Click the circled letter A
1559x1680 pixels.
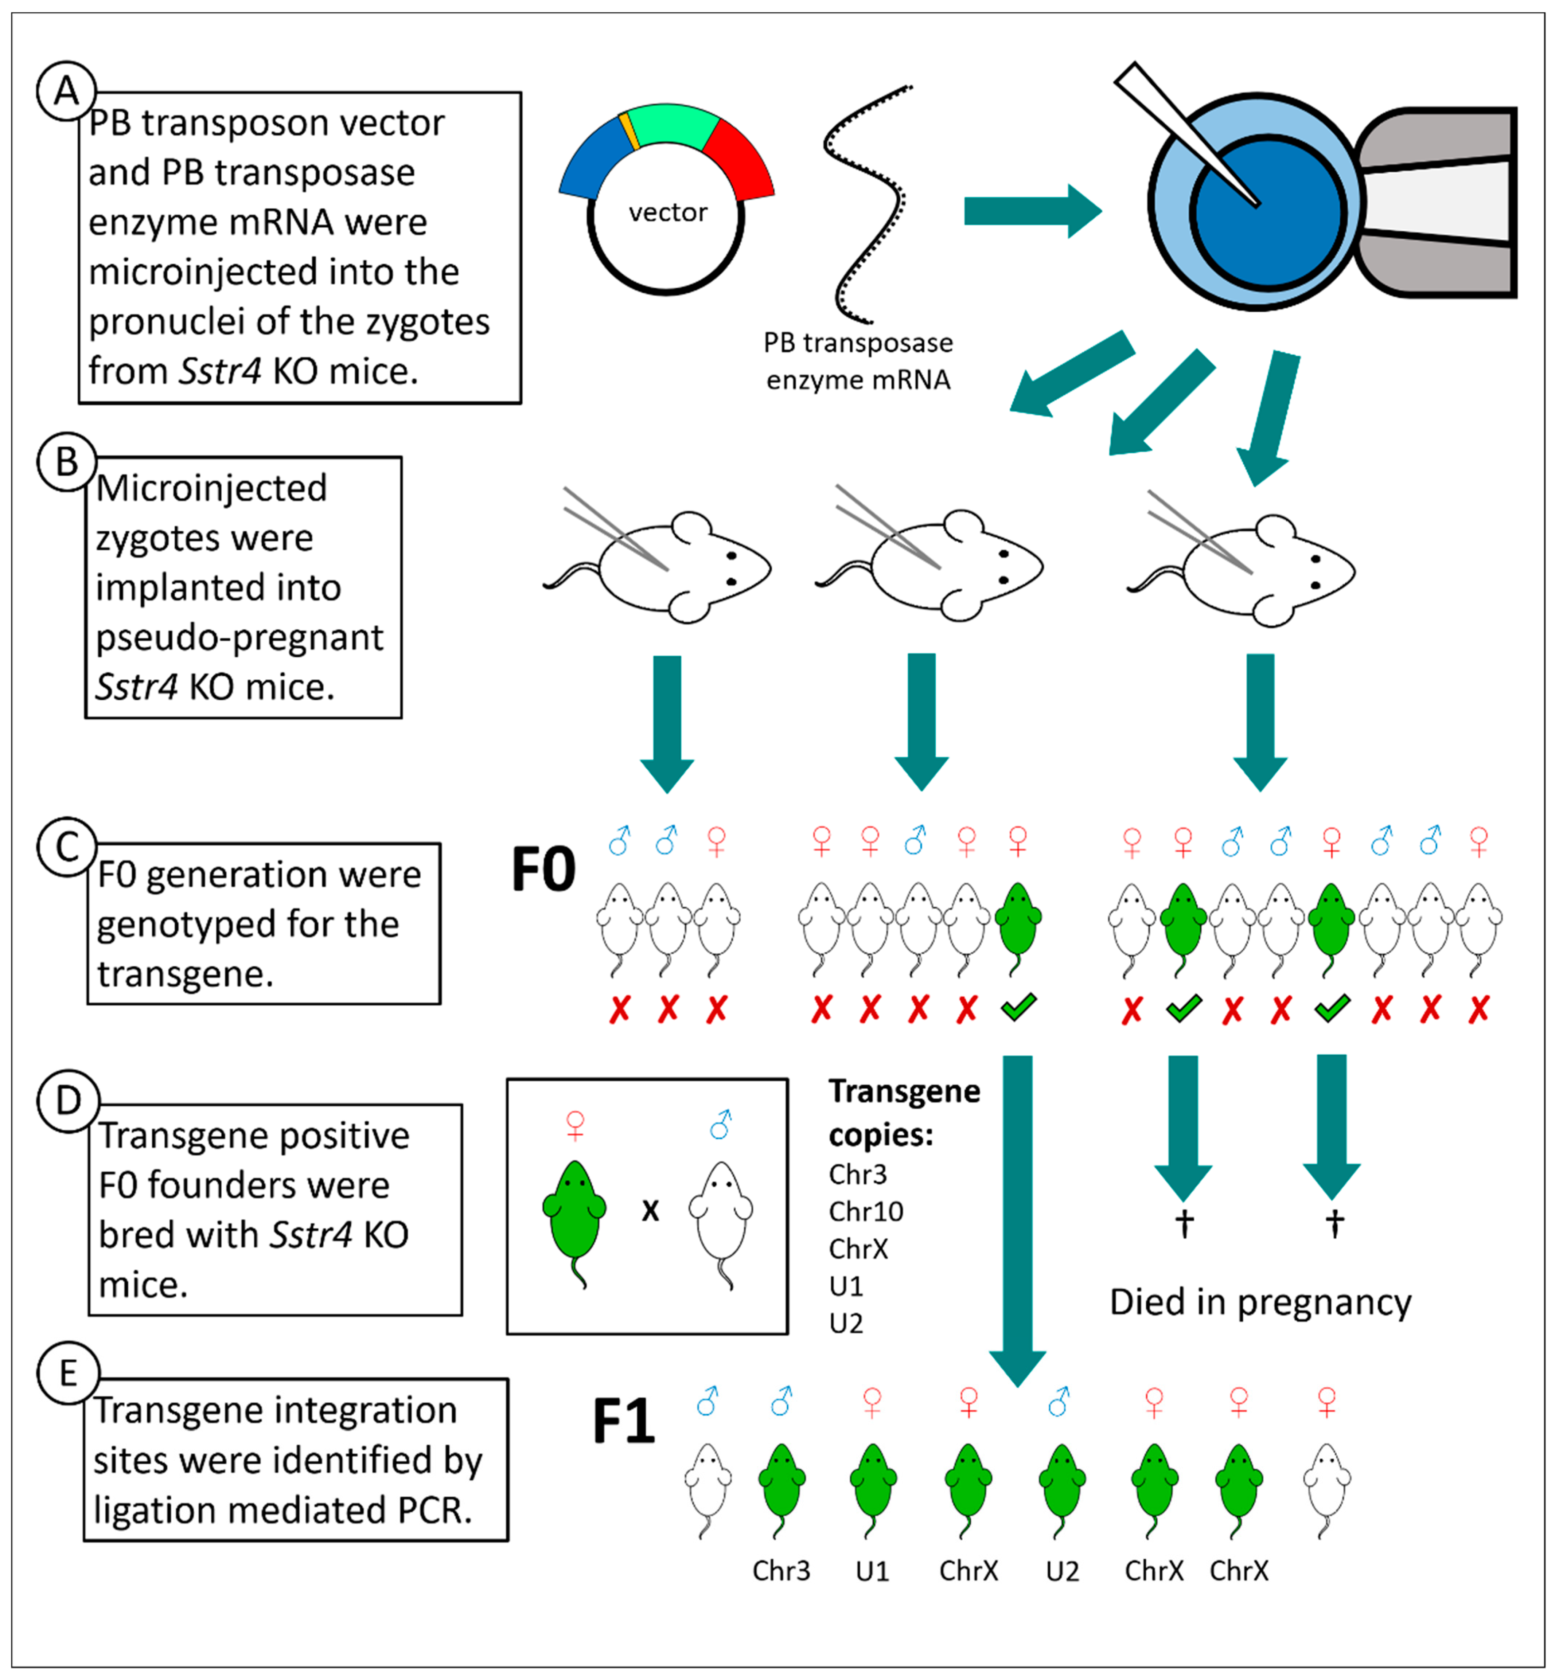(x=66, y=90)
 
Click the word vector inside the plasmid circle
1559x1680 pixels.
(x=667, y=212)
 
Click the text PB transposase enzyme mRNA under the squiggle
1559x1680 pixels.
(x=858, y=361)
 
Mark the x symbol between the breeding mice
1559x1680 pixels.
(x=650, y=1211)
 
